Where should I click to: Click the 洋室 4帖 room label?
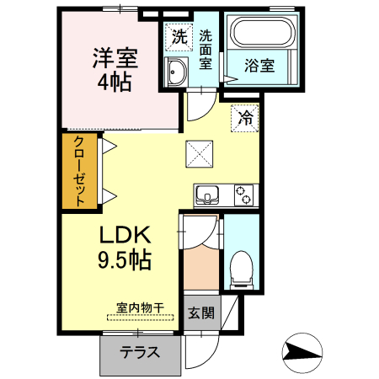coord(115,70)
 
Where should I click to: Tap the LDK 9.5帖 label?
coord(126,247)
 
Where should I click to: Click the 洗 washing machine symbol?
coord(178,36)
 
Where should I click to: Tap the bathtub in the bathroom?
coord(263,35)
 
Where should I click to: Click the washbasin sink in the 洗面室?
coord(177,73)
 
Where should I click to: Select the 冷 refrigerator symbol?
coord(245,117)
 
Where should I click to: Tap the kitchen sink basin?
coord(206,196)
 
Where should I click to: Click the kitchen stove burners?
coord(243,195)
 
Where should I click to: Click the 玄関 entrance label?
coord(200,314)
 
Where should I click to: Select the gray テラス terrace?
coord(140,353)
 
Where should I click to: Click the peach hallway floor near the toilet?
coord(201,270)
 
